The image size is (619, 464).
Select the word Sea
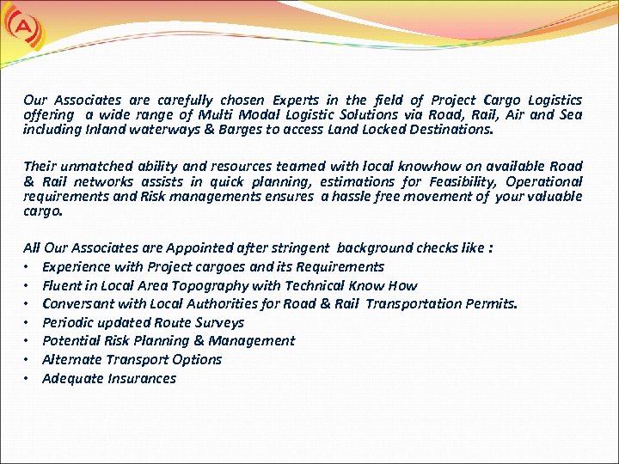pyautogui.click(x=570, y=115)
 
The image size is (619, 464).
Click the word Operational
pyautogui.click(x=543, y=181)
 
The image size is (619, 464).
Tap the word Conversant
pyautogui.click(x=77, y=304)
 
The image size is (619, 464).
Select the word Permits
pyautogui.click(x=491, y=304)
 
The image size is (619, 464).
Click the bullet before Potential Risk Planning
pyautogui.click(x=28, y=341)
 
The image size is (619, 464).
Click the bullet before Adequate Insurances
pyautogui.click(x=28, y=379)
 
